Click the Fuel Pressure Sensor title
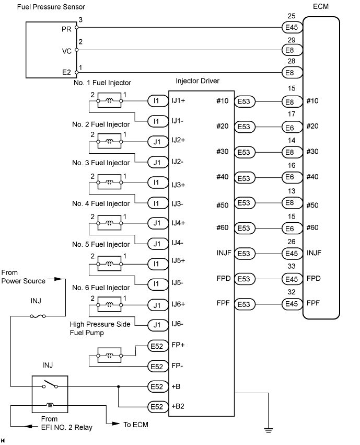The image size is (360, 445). click(x=51, y=7)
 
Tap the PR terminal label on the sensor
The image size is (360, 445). click(x=66, y=29)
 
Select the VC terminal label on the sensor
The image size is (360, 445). click(x=67, y=51)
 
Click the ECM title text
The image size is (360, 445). click(x=321, y=6)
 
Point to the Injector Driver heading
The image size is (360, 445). click(x=198, y=81)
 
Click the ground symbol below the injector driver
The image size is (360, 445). click(x=268, y=430)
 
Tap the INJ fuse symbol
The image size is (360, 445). click(x=38, y=316)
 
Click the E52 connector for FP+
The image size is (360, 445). click(x=158, y=346)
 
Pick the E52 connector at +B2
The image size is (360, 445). click(x=158, y=407)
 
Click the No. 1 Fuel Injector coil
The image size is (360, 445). click(x=109, y=100)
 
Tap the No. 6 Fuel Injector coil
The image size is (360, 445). click(x=109, y=305)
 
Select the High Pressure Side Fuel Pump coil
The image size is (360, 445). click(x=109, y=355)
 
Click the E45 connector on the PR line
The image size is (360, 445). click(x=292, y=27)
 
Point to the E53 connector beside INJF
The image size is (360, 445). click(x=245, y=254)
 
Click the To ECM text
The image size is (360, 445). click(x=136, y=425)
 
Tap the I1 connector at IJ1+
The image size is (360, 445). click(x=158, y=101)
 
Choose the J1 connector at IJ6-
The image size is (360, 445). click(x=158, y=325)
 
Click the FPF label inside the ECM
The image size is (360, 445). click(x=313, y=303)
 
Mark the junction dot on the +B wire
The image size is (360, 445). click(x=118, y=386)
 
